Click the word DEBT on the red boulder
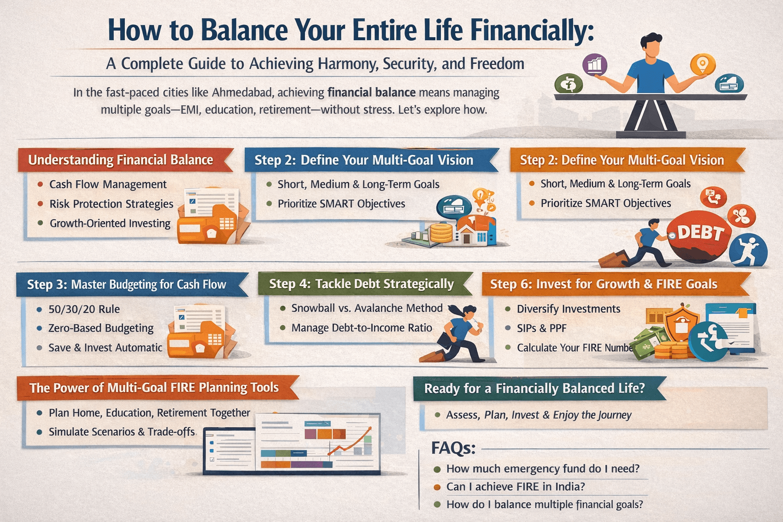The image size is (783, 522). [x=701, y=232]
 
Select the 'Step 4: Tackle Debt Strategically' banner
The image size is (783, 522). [x=361, y=284]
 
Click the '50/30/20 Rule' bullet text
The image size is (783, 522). [x=84, y=309]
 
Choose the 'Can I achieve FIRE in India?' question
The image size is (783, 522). [x=515, y=487]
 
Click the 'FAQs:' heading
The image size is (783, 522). [x=453, y=448]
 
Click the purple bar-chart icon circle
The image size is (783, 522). [x=595, y=65]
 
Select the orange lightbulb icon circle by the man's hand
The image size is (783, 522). [x=702, y=65]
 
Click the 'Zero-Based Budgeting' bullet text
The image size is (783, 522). [x=101, y=328]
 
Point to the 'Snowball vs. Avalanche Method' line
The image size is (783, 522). [x=367, y=308]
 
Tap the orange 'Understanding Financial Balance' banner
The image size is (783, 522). [x=121, y=160]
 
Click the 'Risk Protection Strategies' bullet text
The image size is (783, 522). [x=111, y=204]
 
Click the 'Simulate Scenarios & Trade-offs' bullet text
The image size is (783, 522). [x=121, y=432]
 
